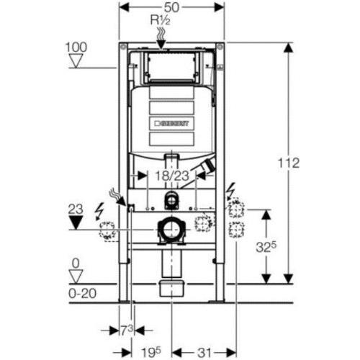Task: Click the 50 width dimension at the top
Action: pos(172,7)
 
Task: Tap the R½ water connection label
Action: pos(161,21)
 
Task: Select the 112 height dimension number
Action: pos(289,163)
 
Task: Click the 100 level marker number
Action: pos(76,48)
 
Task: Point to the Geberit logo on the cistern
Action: pos(171,123)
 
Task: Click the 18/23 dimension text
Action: pos(172,176)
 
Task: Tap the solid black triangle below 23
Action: pos(76,222)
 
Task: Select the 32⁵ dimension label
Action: pos(266,246)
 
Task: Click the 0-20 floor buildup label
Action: pos(82,293)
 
